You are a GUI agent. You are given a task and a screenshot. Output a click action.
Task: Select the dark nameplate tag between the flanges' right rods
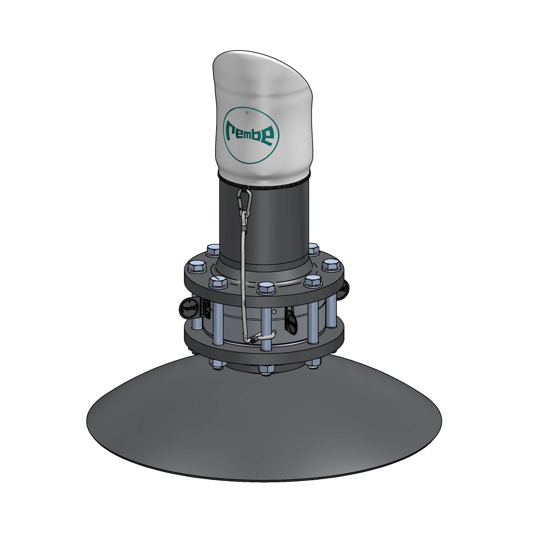290,320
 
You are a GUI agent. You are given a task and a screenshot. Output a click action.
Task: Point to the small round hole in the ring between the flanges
275,312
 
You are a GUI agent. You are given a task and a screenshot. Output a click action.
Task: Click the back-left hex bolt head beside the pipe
213,250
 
